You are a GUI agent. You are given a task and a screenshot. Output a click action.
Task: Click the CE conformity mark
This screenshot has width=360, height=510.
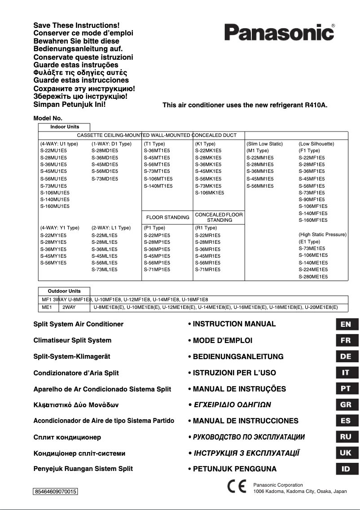(x=236, y=488)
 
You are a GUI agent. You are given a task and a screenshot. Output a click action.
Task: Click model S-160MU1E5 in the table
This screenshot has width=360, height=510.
(x=55, y=206)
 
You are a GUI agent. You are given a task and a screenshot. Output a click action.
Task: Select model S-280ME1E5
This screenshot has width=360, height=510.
(x=313, y=277)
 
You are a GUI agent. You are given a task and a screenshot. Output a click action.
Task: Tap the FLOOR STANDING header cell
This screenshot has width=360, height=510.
(x=168, y=217)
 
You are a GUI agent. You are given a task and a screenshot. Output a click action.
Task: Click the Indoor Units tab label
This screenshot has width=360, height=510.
(x=65, y=127)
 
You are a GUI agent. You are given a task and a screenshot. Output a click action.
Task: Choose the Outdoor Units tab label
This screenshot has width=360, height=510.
(x=65, y=291)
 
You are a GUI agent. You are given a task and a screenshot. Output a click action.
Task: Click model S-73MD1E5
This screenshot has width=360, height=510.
(x=105, y=179)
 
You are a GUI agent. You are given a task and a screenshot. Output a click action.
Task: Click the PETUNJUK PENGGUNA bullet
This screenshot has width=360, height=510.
(x=232, y=469)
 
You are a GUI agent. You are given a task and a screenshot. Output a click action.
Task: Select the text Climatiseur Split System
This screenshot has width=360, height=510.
(x=72, y=340)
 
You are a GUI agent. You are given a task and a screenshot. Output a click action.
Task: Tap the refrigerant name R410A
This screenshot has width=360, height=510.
(x=316, y=106)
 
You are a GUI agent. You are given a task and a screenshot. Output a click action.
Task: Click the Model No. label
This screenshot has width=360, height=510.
(x=48, y=118)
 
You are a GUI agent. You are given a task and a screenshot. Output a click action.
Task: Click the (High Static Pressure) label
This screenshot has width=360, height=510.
(x=322, y=235)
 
